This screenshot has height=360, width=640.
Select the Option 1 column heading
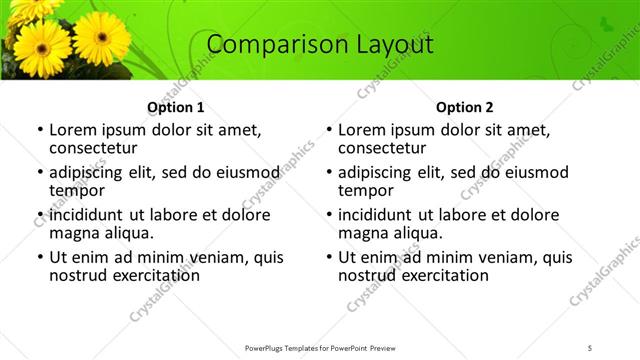(176, 107)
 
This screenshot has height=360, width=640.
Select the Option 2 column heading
(465, 107)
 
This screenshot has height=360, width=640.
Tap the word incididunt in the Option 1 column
(88, 215)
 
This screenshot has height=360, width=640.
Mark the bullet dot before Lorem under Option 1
(39, 130)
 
